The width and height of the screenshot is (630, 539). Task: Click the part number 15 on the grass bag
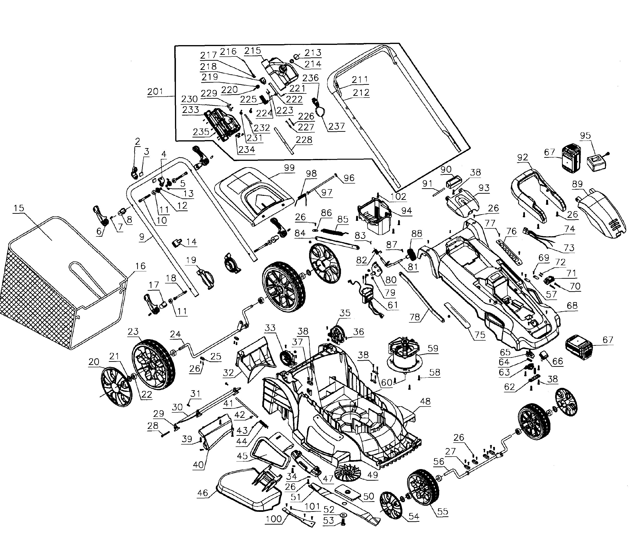pos(19,208)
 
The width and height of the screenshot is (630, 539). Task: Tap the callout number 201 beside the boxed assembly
pos(155,92)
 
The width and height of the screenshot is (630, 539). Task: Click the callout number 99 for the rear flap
pos(289,168)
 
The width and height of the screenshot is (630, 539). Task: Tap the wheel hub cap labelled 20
pos(116,387)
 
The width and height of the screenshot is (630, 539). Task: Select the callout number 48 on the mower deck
pos(425,401)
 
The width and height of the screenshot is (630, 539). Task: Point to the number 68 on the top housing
pos(572,305)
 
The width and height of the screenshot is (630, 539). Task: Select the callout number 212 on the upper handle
pos(361,92)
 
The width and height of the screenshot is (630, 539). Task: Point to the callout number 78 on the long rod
pos(415,317)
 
